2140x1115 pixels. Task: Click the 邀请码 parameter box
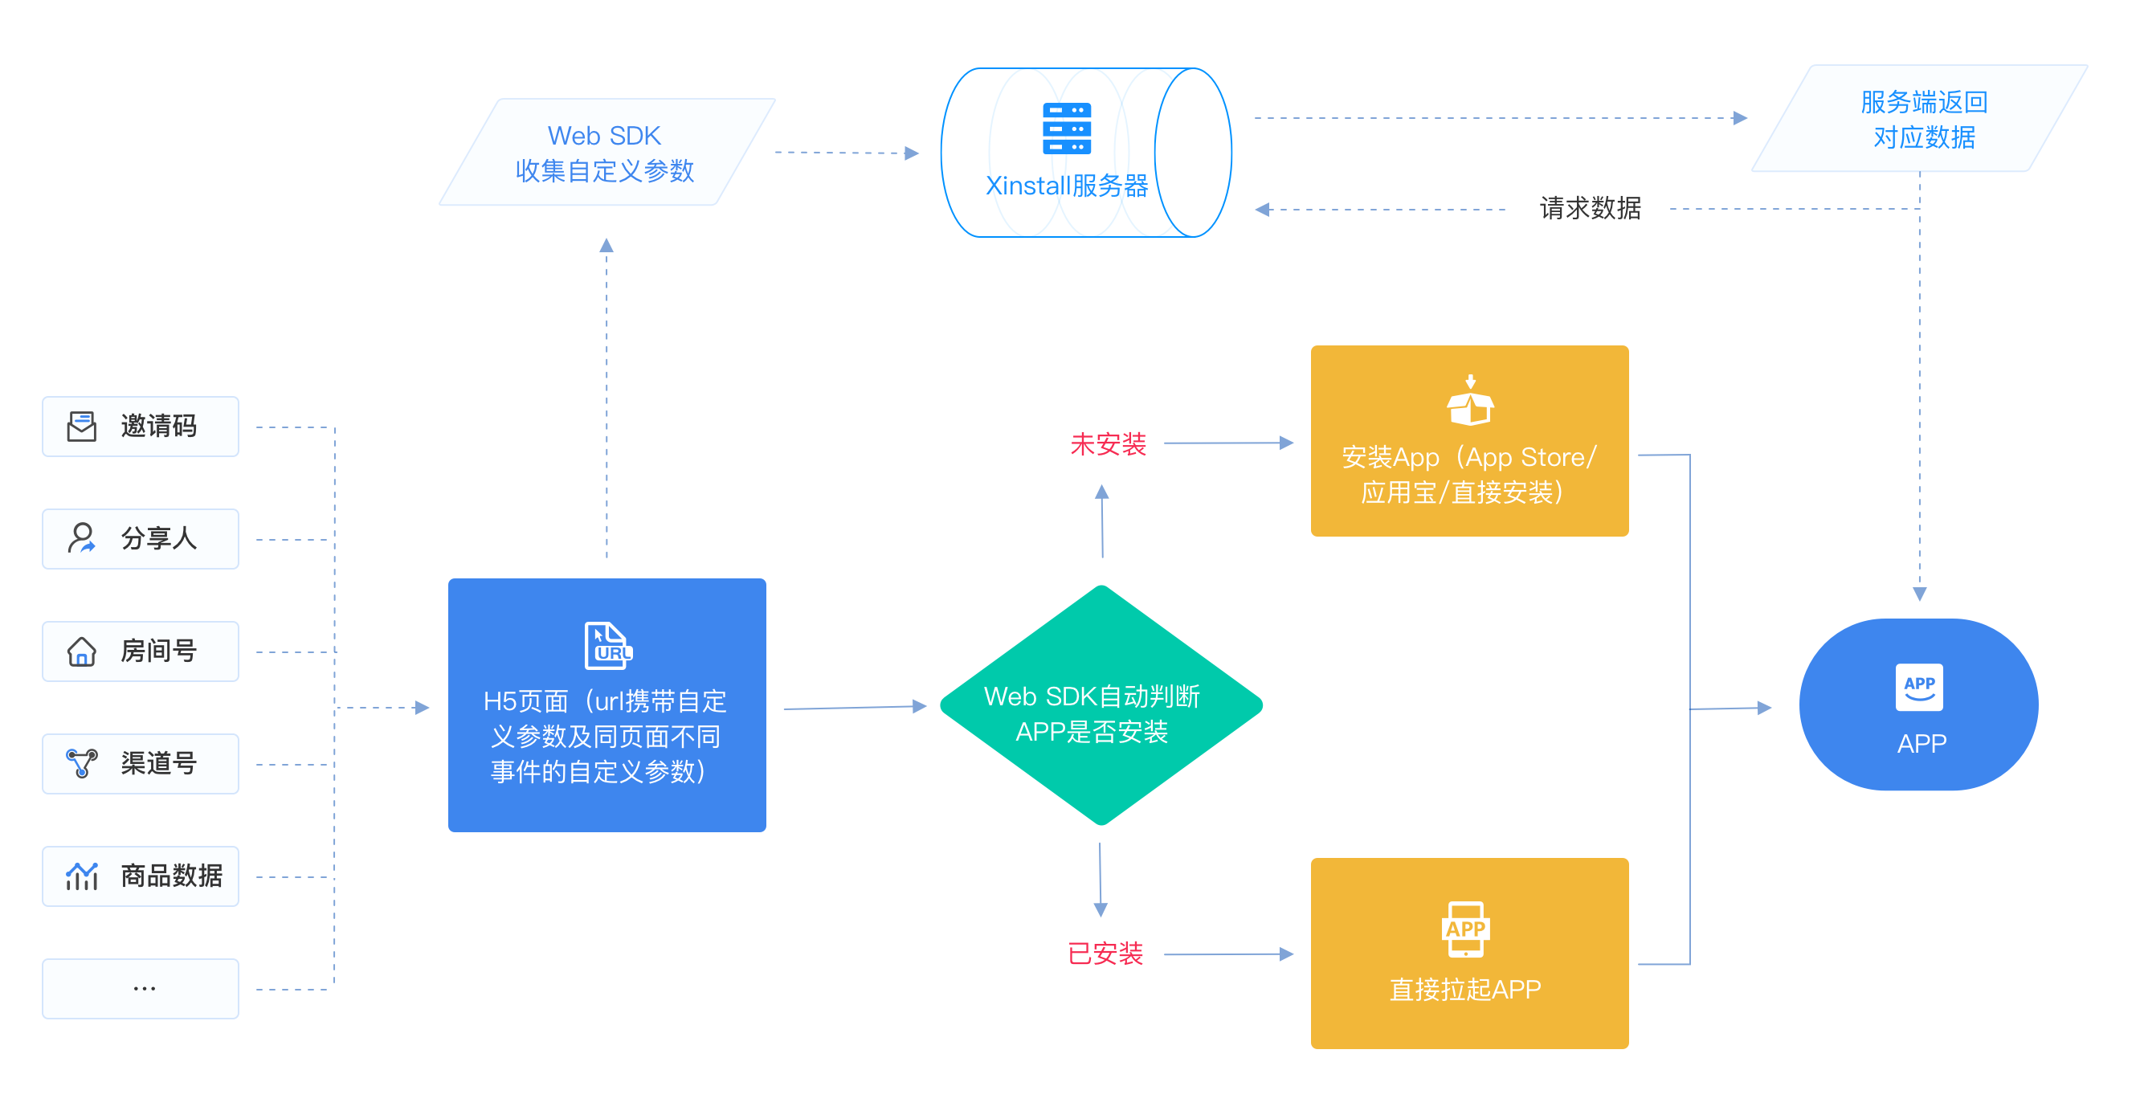[141, 427]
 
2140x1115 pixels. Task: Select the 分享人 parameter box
[141, 538]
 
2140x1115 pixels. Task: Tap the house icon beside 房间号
[81, 651]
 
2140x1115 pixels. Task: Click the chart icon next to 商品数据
[81, 876]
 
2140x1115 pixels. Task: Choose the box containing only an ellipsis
[141, 988]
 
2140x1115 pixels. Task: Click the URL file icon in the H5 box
[607, 645]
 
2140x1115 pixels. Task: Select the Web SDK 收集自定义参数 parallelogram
[606, 152]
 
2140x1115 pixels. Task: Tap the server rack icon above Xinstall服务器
[1067, 129]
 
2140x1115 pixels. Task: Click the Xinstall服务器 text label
[1067, 186]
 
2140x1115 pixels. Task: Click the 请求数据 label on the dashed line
[1589, 208]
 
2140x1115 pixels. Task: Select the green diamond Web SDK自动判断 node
[1100, 705]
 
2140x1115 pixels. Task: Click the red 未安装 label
[1108, 443]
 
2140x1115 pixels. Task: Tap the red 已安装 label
[1105, 953]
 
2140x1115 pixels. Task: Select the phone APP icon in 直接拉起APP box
[1464, 929]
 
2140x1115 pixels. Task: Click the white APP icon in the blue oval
[1919, 686]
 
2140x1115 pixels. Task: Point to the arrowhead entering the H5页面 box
[422, 707]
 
